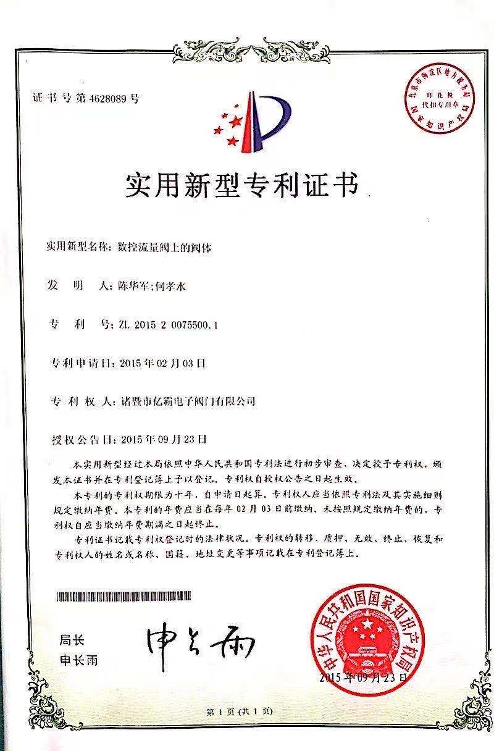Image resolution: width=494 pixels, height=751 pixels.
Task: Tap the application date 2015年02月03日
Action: point(161,363)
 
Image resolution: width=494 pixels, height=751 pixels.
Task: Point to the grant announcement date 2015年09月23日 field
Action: point(161,440)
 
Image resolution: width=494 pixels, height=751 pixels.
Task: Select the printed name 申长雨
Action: point(78,660)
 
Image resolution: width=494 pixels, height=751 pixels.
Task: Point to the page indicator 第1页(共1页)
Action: point(240,711)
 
